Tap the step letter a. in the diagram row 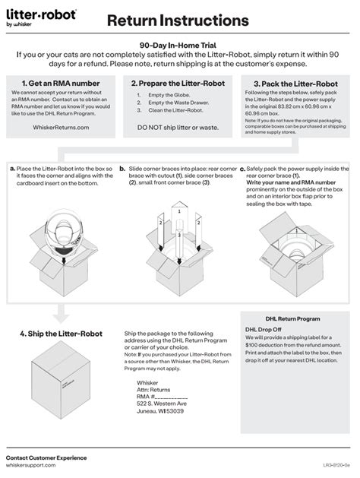click(12, 167)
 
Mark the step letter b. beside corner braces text click(122, 167)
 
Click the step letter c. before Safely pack click(242, 169)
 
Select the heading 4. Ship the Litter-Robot click(60, 334)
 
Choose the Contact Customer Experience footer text click(46, 457)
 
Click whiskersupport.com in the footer click(31, 465)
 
